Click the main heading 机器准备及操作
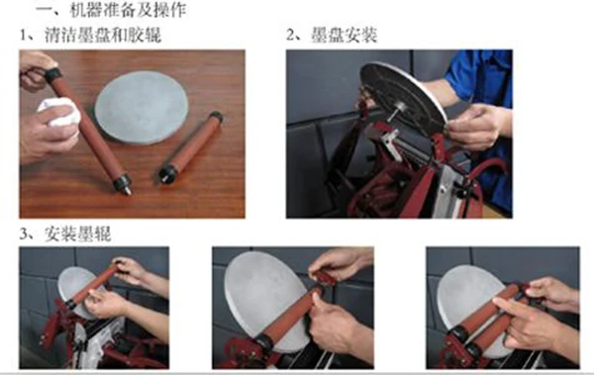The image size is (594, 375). coord(128,9)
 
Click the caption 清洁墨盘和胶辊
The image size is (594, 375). coord(103,35)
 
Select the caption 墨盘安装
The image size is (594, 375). coord(344,36)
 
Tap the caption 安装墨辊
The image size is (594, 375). coord(78,234)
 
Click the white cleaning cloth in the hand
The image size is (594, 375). coord(60,111)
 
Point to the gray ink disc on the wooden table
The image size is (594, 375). coord(142,108)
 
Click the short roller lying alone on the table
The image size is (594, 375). coord(190,147)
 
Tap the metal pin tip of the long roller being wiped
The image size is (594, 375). coord(129,191)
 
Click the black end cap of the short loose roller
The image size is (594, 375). coord(168,174)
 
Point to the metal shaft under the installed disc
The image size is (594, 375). coord(395,113)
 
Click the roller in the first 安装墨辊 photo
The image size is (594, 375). coord(94,285)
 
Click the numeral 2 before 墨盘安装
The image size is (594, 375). coord(290,36)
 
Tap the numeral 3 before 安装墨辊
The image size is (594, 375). coord(24,234)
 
